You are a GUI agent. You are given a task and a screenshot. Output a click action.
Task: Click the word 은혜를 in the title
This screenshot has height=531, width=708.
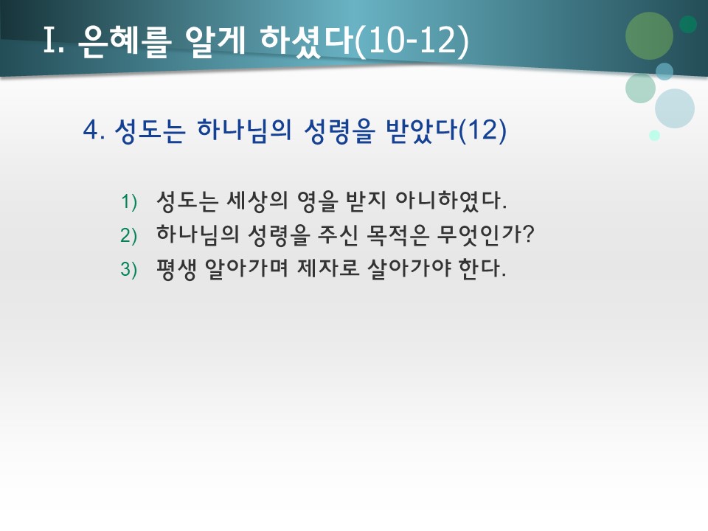tap(119, 42)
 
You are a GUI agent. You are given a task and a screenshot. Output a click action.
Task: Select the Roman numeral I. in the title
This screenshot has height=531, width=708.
tap(55, 42)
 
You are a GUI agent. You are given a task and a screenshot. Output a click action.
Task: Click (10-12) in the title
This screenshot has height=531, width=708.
tap(411, 42)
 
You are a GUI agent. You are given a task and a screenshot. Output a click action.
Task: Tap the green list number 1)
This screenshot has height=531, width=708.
tap(129, 201)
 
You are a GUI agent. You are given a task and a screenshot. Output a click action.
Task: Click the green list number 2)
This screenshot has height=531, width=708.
tap(129, 235)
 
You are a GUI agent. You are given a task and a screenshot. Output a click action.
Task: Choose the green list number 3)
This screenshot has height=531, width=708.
tap(129, 270)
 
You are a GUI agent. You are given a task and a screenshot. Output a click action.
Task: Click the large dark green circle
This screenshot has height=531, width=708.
tap(649, 35)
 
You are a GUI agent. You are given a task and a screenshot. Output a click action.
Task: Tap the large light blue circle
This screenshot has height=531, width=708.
tap(674, 108)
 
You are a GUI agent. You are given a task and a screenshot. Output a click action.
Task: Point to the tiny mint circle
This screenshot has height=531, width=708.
tap(654, 135)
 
